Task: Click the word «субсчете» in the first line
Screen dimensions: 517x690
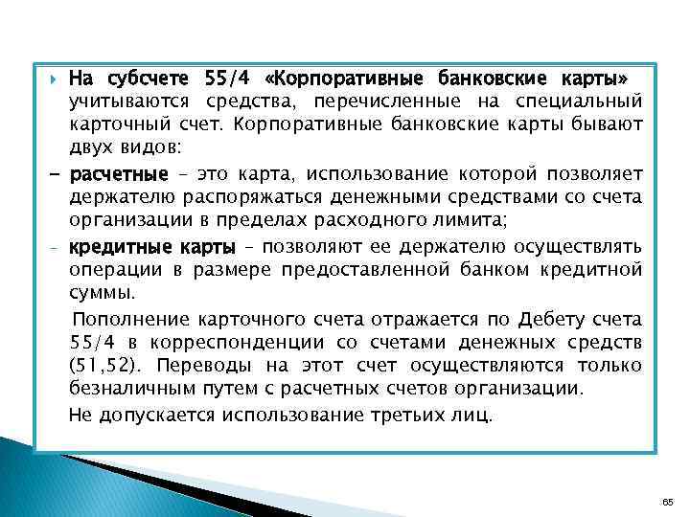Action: point(146,77)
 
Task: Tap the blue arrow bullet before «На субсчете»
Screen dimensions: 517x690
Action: point(54,77)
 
